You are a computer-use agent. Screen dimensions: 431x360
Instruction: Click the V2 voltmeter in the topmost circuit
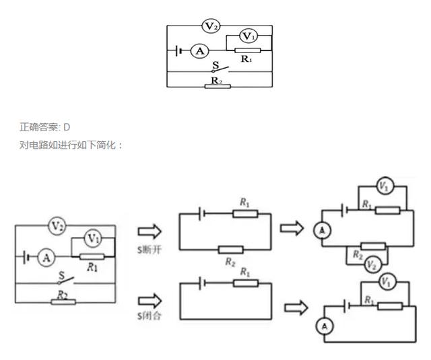pyautogui.click(x=211, y=26)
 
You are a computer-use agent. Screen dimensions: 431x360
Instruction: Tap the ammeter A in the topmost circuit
pyautogui.click(x=200, y=50)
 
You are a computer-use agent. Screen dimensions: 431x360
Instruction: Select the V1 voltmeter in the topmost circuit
pyautogui.click(x=248, y=36)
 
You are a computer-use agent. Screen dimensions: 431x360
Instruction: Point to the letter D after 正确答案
pyautogui.click(x=67, y=127)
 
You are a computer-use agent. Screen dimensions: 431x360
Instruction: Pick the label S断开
pyautogui.click(x=150, y=250)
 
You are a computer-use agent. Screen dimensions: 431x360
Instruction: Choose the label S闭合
pyautogui.click(x=150, y=316)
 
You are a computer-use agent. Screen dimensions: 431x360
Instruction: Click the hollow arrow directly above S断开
pyautogui.click(x=150, y=231)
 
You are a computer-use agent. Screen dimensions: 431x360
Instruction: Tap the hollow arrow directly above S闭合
pyautogui.click(x=150, y=301)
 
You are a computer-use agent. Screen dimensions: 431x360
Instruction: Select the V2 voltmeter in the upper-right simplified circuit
pyautogui.click(x=372, y=265)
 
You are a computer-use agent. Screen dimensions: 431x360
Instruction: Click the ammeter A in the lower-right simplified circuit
pyautogui.click(x=325, y=327)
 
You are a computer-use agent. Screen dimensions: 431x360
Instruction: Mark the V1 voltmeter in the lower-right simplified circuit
pyautogui.click(x=387, y=281)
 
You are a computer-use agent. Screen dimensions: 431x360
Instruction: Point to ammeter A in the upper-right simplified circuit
pyautogui.click(x=323, y=230)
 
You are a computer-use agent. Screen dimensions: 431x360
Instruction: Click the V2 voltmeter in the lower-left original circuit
pyautogui.click(x=57, y=225)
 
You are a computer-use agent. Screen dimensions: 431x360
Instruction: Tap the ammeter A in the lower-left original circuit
pyautogui.click(x=46, y=258)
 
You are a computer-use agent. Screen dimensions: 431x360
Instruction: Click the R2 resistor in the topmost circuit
pyautogui.click(x=218, y=87)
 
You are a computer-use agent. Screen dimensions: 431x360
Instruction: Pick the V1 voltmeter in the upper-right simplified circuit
pyautogui.click(x=385, y=186)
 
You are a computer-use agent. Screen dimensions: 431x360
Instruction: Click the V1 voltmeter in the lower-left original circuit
pyautogui.click(x=93, y=238)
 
